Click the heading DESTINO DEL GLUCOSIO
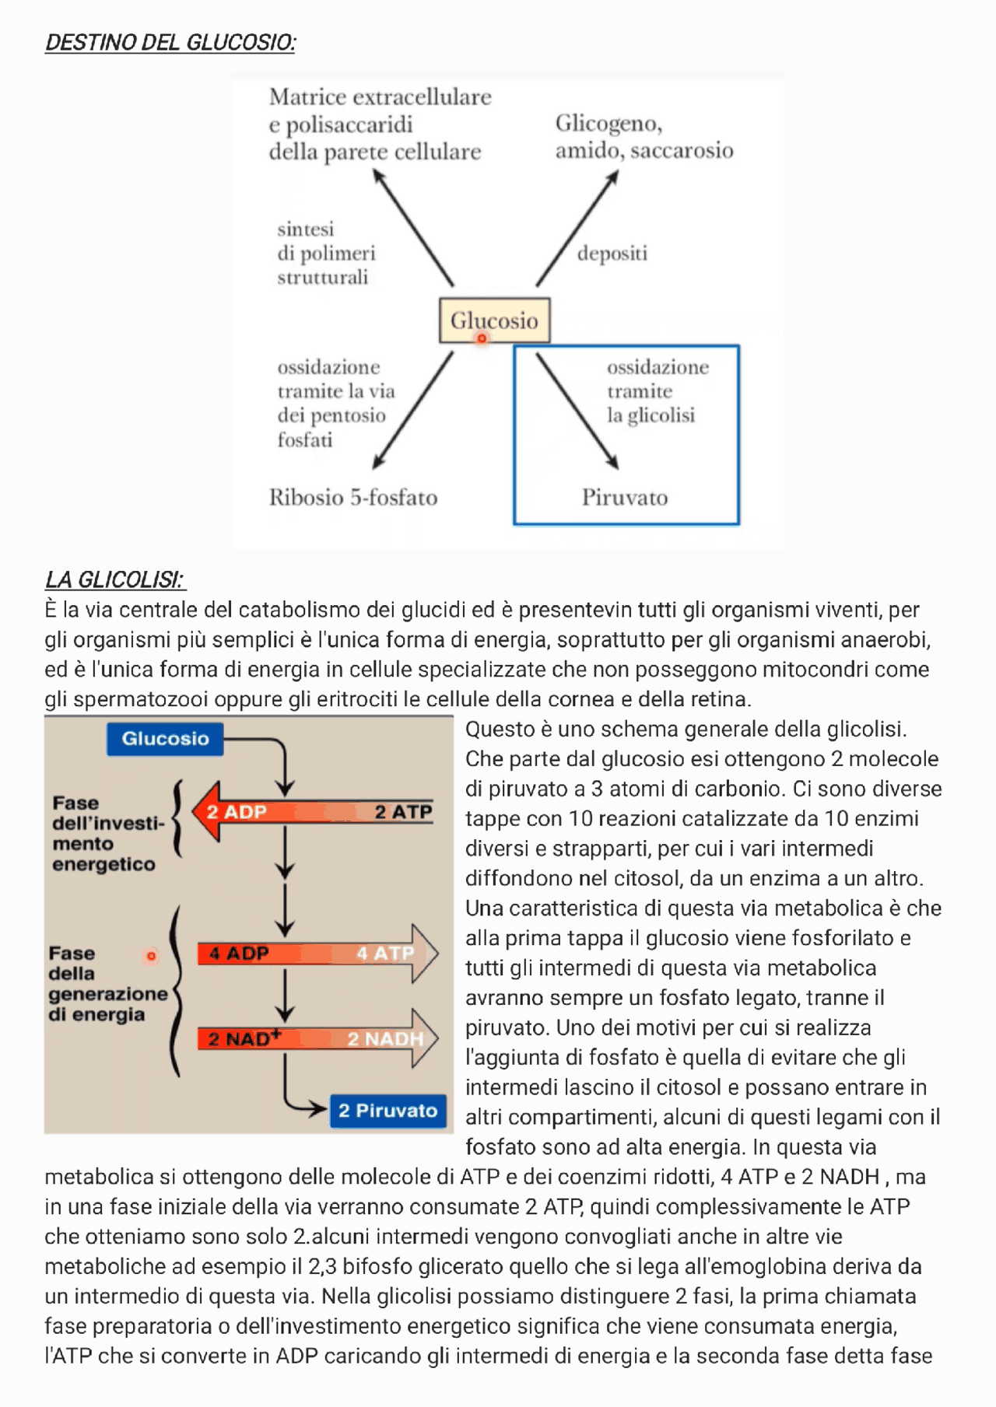tap(170, 43)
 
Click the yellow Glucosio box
tap(494, 320)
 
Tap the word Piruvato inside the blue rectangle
tap(625, 498)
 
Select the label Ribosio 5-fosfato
tap(353, 498)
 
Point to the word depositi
tap(612, 254)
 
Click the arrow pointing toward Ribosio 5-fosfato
tap(413, 410)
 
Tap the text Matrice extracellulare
tap(380, 97)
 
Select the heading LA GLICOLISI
tap(115, 580)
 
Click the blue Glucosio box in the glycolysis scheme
tap(165, 739)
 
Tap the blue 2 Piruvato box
tap(388, 1111)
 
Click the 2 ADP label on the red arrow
tap(237, 812)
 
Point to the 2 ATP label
tap(402, 812)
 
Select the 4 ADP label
tap(238, 954)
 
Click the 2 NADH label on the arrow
tap(385, 1039)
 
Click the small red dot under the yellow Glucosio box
tap(482, 339)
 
